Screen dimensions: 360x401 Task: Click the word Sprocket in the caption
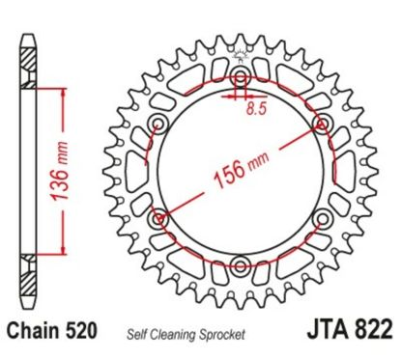point(225,334)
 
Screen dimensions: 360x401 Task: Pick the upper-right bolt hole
point(322,123)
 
